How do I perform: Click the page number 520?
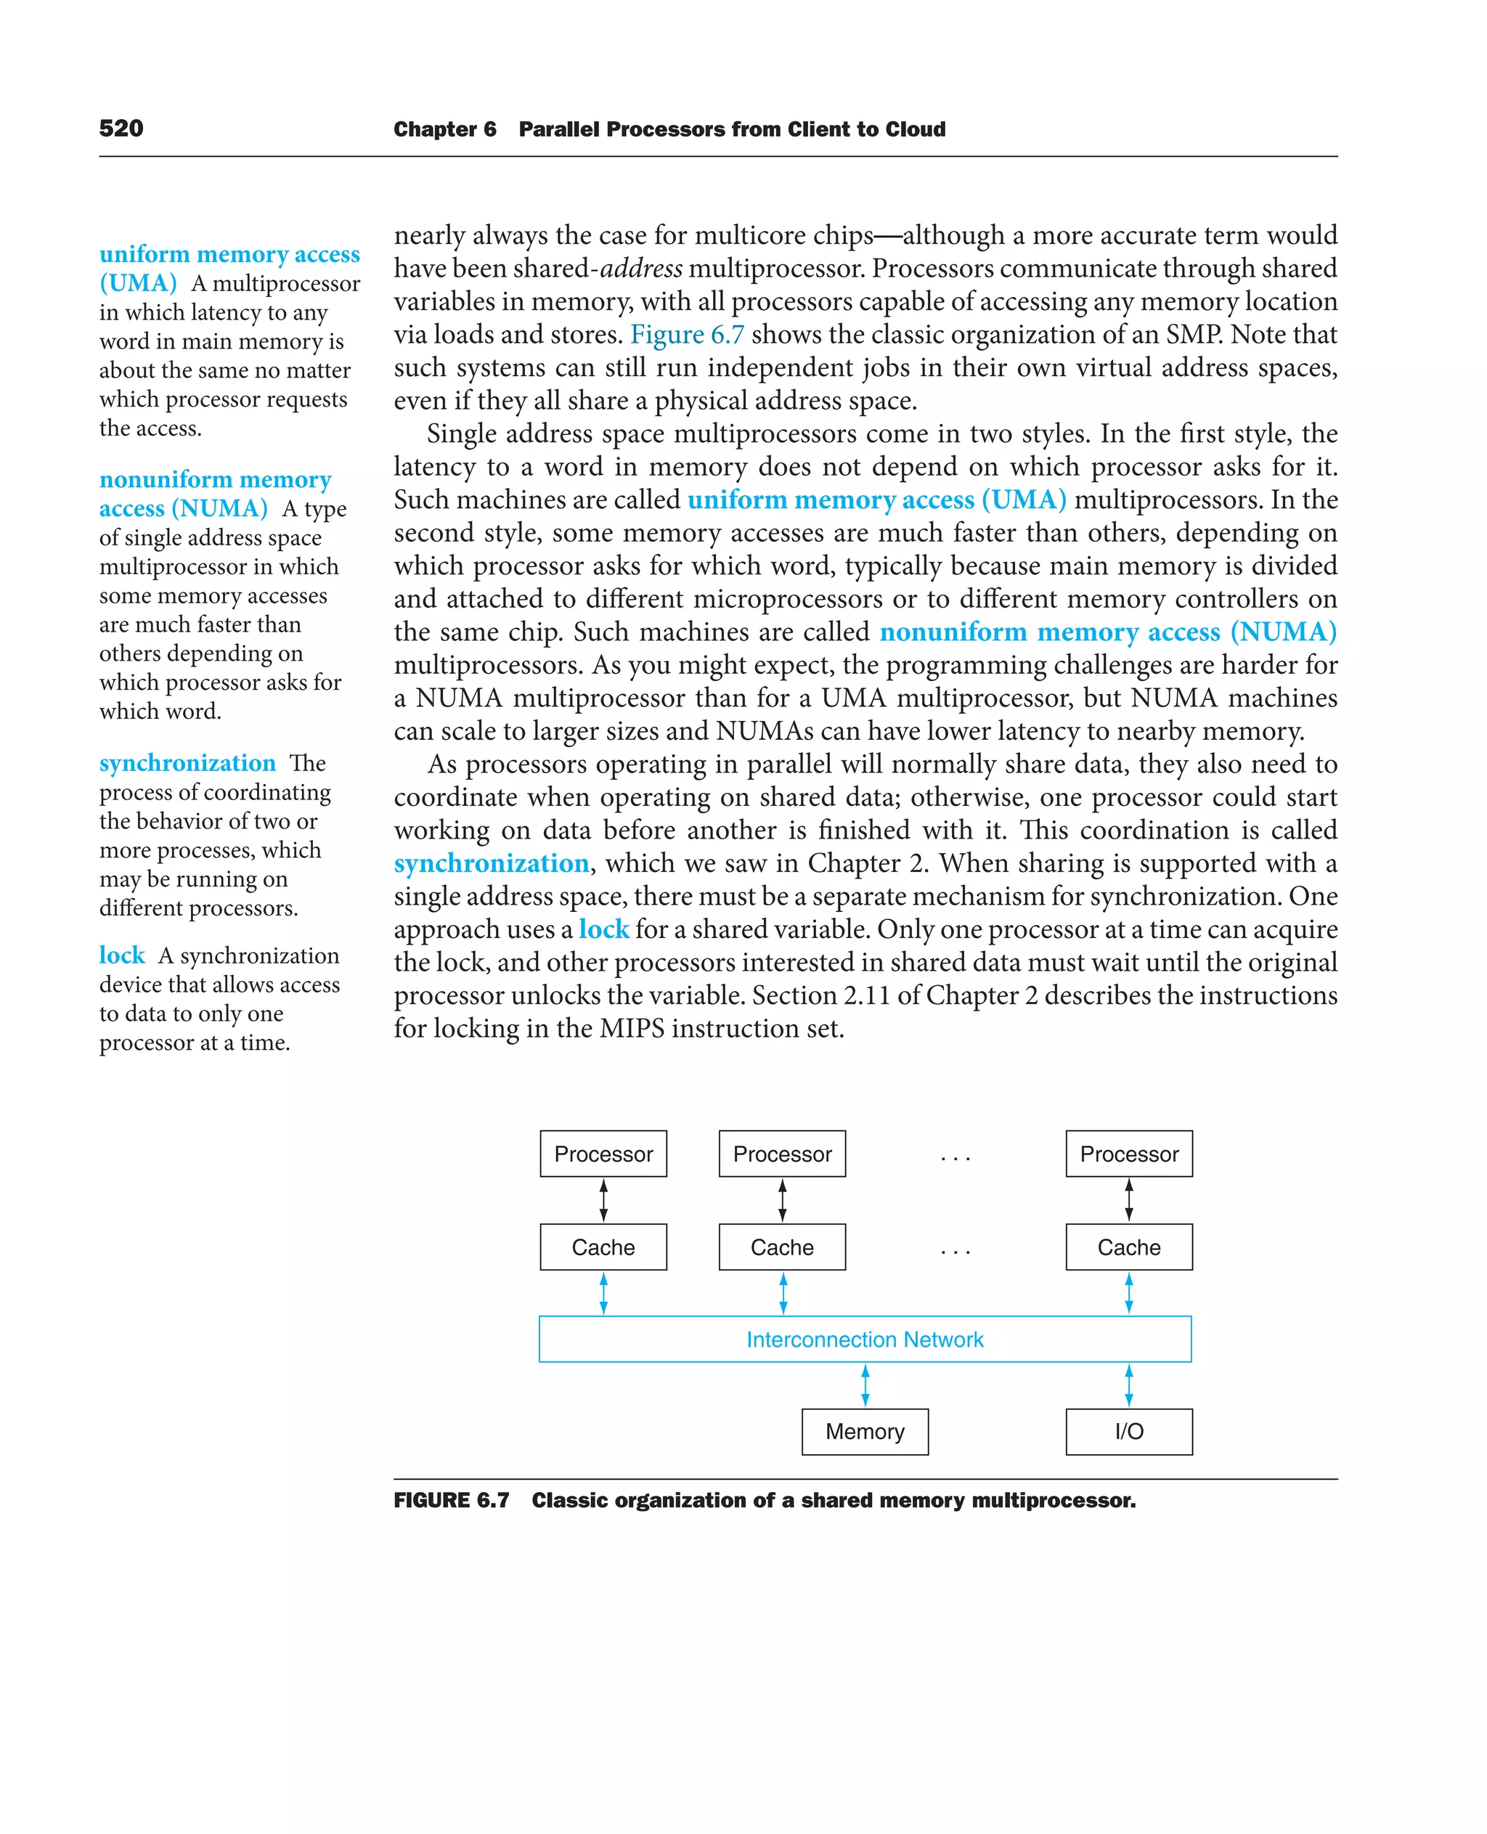click(121, 129)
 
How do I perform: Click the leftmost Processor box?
click(603, 1154)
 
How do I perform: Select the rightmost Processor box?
click(1128, 1154)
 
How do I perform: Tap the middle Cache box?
click(782, 1247)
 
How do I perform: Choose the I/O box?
click(1128, 1431)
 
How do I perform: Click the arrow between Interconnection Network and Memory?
click(865, 1385)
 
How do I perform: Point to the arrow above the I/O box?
click(1128, 1385)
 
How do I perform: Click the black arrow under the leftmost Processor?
click(603, 1200)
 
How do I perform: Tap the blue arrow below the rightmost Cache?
click(1128, 1292)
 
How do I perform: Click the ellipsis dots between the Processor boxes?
click(955, 1158)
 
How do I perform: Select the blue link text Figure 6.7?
click(687, 335)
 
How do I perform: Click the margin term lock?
click(122, 955)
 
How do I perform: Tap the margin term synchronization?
click(187, 762)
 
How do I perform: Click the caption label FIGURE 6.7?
click(452, 1501)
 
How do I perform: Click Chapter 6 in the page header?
click(444, 129)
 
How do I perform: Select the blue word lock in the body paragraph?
click(603, 929)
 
